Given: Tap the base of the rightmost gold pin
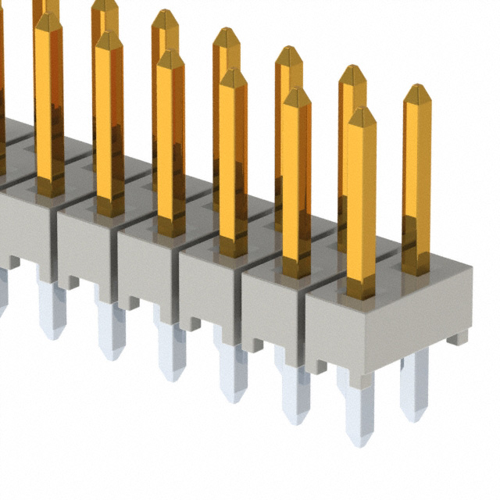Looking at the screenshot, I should [x=416, y=266].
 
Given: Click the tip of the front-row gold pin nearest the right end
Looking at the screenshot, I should [x=362, y=114].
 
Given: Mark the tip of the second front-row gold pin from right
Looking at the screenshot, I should [x=296, y=95].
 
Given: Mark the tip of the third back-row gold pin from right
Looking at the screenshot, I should [x=288, y=53].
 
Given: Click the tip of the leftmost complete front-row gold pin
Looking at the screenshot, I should [x=48, y=20].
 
